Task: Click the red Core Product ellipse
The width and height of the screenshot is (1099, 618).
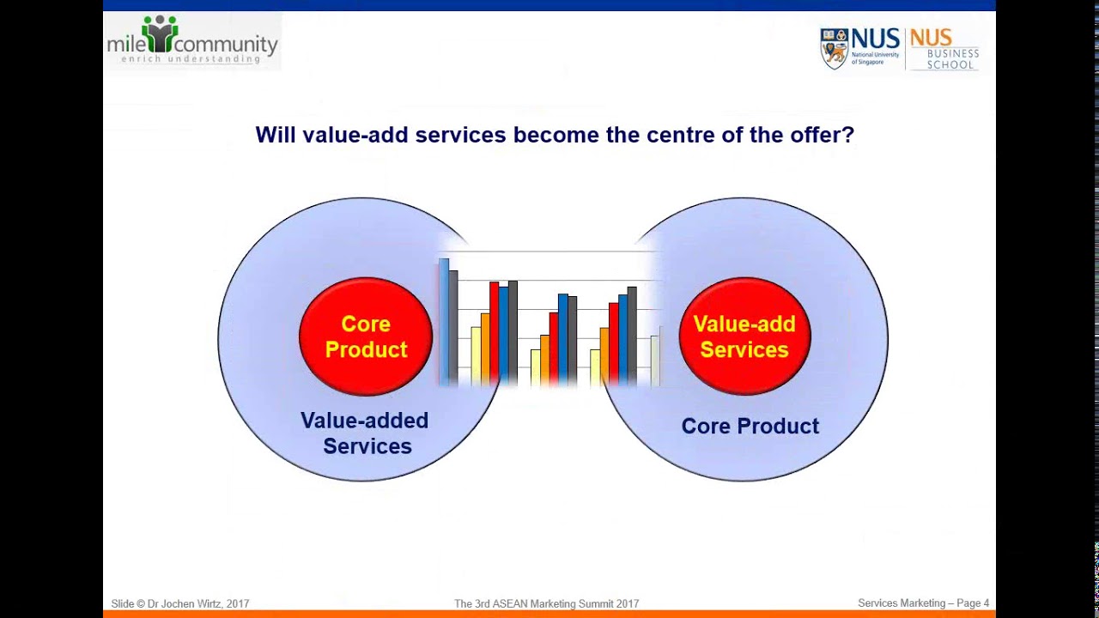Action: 366,336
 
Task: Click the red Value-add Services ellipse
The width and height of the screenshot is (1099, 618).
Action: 744,336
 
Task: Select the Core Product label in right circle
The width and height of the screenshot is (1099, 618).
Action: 750,427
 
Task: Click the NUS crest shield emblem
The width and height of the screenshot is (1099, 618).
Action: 834,47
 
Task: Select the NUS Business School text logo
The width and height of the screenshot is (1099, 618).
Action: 944,49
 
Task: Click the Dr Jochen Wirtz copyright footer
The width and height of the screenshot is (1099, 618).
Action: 180,603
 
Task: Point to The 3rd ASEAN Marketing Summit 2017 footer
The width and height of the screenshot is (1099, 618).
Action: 546,603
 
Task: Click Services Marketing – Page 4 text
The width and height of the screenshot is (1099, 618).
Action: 923,603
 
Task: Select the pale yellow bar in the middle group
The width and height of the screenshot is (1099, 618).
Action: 536,367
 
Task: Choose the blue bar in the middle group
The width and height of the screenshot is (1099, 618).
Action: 563,336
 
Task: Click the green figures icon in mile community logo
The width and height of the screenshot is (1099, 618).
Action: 160,33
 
